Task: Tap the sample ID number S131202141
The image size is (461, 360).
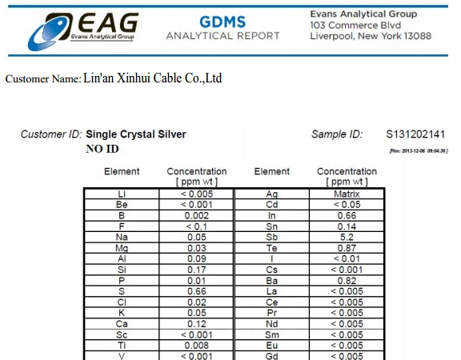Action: pyautogui.click(x=415, y=134)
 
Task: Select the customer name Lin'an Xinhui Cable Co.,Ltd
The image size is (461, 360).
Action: pyautogui.click(x=152, y=78)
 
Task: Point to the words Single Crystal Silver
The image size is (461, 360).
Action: pyautogui.click(x=135, y=134)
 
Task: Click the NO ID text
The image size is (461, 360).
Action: pyautogui.click(x=102, y=149)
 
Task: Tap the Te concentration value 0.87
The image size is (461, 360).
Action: pyautogui.click(x=347, y=249)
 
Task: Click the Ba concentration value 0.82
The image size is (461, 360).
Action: pyautogui.click(x=347, y=282)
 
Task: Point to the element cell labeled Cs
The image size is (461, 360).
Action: pyautogui.click(x=271, y=270)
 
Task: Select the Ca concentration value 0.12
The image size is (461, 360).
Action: pyautogui.click(x=196, y=325)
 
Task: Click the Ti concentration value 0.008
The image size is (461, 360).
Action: pyautogui.click(x=196, y=346)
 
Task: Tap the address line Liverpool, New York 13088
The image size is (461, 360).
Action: pyautogui.click(x=370, y=36)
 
